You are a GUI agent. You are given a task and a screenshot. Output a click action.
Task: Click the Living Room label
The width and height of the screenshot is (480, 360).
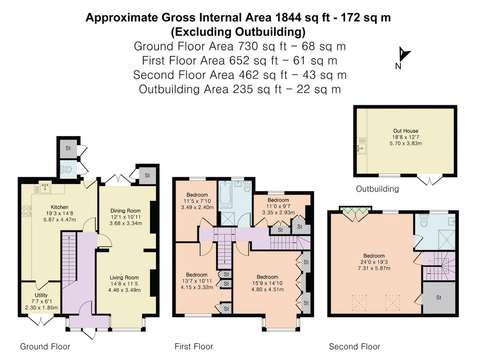pyautogui.click(x=124, y=278)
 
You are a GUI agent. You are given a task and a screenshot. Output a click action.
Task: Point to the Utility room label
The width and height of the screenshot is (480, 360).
pyautogui.click(x=41, y=295)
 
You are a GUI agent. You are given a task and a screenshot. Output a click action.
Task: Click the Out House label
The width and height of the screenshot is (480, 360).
pyautogui.click(x=406, y=131)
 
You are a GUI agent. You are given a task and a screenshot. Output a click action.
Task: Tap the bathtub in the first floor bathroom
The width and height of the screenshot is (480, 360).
pyautogui.click(x=227, y=195)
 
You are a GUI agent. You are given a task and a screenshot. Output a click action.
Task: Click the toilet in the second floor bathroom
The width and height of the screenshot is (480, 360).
pyautogui.click(x=424, y=220)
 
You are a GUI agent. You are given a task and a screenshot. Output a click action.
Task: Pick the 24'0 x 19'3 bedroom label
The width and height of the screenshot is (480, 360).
pyautogui.click(x=374, y=256)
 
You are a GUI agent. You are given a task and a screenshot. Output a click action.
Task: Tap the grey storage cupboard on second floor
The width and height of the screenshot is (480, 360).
pyautogui.click(x=439, y=298)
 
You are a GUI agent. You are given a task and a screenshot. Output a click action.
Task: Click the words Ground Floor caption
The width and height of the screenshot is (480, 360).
pyautogui.click(x=45, y=346)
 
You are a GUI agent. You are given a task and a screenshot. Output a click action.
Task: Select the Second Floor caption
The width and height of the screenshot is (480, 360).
pyautogui.click(x=354, y=346)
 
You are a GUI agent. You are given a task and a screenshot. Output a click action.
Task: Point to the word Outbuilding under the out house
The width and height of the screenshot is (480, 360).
pyautogui.click(x=377, y=189)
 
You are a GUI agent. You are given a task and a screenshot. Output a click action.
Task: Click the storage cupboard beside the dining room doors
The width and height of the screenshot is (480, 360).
pyautogui.click(x=147, y=175)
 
